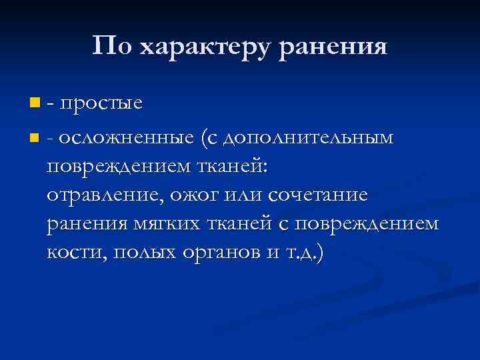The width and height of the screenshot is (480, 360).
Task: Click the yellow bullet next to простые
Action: tap(34, 103)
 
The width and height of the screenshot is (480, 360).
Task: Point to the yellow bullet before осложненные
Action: tap(34, 139)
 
